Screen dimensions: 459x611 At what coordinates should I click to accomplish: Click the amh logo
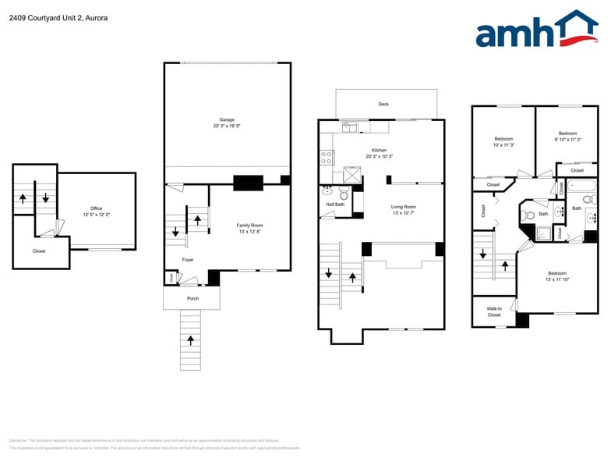(x=535, y=30)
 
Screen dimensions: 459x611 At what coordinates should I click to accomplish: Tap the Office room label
(x=96, y=208)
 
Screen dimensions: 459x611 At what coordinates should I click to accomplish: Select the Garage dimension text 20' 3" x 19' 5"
(x=227, y=126)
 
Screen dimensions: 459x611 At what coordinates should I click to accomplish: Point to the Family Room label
(x=249, y=225)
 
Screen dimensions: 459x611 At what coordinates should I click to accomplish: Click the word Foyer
(x=188, y=259)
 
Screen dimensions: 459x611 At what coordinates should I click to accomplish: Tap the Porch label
(x=192, y=298)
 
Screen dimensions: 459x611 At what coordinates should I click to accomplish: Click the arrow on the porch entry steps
(x=191, y=340)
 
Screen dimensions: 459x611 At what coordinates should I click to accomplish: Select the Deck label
(x=383, y=104)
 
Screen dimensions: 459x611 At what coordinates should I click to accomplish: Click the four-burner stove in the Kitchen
(x=326, y=157)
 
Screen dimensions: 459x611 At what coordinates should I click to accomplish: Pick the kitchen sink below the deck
(x=348, y=126)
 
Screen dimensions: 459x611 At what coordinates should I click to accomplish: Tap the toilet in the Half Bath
(x=327, y=190)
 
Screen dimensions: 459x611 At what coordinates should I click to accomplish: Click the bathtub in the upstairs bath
(x=579, y=187)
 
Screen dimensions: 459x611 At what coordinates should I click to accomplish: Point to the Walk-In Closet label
(x=494, y=311)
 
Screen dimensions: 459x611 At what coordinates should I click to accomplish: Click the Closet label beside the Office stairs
(x=39, y=251)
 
